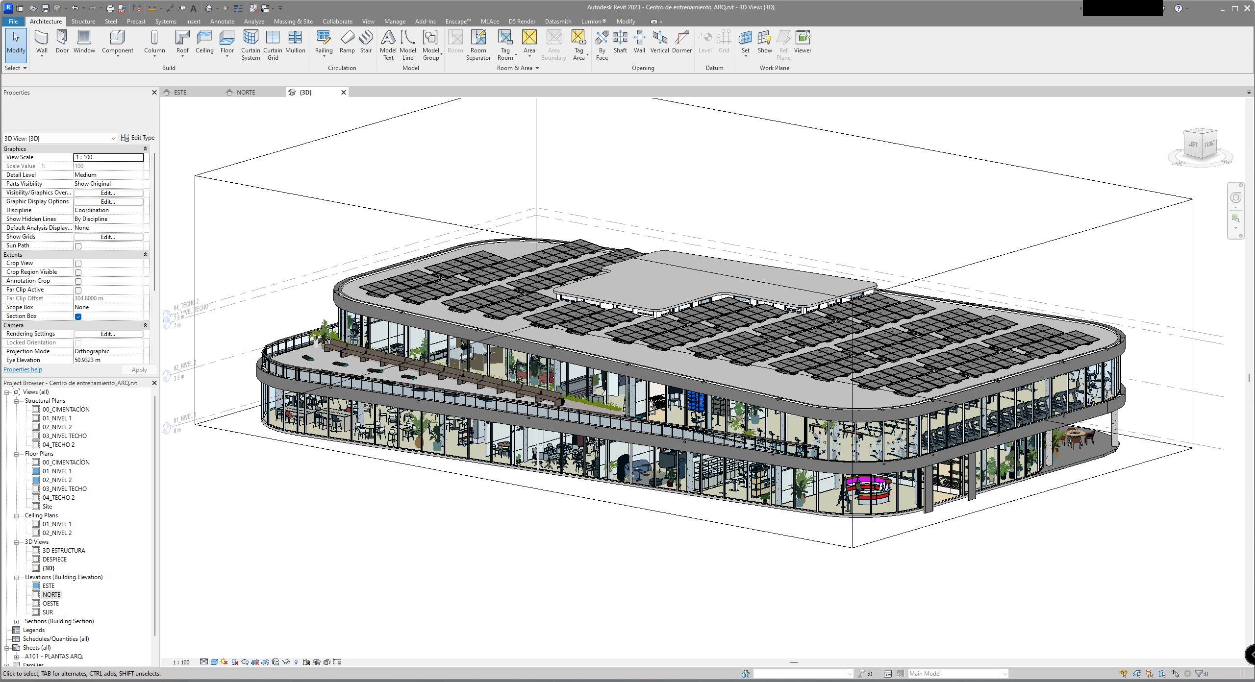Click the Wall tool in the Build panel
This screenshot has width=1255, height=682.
pos(42,41)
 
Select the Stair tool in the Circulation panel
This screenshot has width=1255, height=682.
pos(366,41)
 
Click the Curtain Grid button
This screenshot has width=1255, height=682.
pos(273,44)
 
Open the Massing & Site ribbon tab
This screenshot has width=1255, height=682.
pos(293,22)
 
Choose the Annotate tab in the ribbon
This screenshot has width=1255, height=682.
pos(222,22)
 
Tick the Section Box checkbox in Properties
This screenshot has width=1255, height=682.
pos(78,317)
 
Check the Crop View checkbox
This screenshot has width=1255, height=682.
pos(78,264)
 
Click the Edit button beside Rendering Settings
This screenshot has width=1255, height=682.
pos(108,334)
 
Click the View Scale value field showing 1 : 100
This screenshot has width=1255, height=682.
pos(108,157)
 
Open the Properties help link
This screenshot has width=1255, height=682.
pos(23,369)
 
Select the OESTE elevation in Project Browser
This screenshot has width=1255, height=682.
pos(50,604)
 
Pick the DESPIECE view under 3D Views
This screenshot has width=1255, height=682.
pos(54,560)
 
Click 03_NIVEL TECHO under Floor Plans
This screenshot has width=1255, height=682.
pos(64,489)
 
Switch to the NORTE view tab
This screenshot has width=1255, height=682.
pos(246,93)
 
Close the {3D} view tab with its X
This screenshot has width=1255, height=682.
pos(344,92)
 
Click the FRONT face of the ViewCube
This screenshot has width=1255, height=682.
pos(1209,144)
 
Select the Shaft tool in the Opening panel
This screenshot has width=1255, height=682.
pos(620,41)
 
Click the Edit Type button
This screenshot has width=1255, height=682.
pos(138,138)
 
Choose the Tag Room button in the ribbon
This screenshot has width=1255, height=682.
pos(505,44)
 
